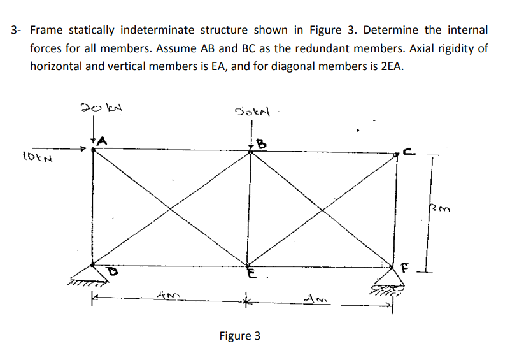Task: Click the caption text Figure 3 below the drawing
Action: tap(239, 336)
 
